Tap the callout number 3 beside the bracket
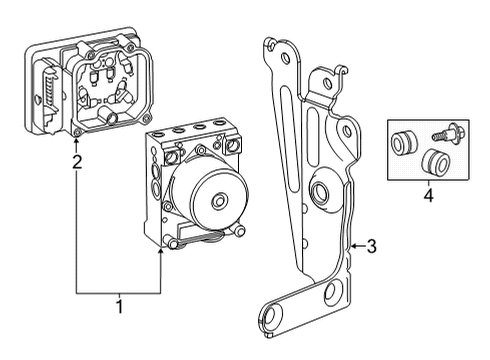click(x=372, y=245)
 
